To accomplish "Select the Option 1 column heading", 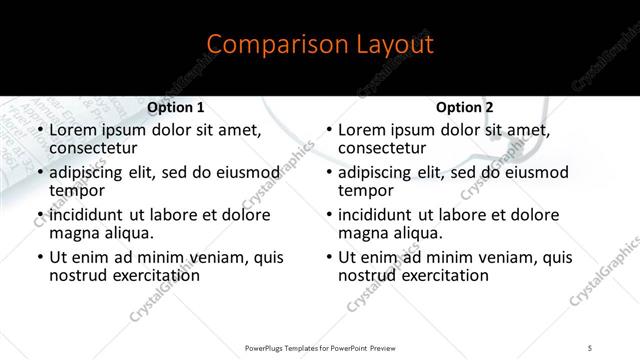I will pyautogui.click(x=175, y=107).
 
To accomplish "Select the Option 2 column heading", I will pyautogui.click(x=465, y=107).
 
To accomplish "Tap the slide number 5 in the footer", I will pyautogui.click(x=591, y=347).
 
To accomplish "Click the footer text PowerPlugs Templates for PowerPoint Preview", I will pyautogui.click(x=320, y=347).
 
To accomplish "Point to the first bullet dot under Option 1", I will pyautogui.click(x=39, y=130).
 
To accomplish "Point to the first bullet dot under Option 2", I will pyautogui.click(x=329, y=130).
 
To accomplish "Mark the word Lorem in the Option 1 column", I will pyautogui.click(x=71, y=130).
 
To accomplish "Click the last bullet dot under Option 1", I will pyautogui.click(x=39, y=257).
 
